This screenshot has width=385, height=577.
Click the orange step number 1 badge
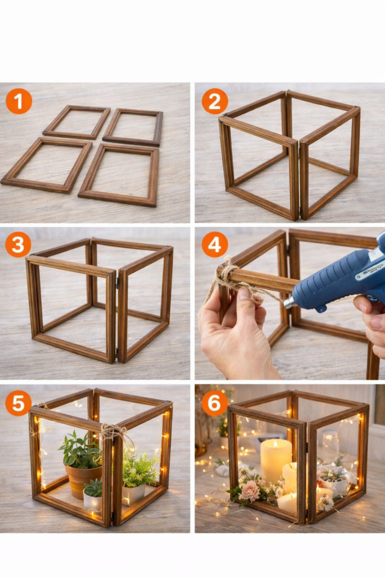click(19, 101)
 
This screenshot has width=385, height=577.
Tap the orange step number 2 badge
click(215, 101)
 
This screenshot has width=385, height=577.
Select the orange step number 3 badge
click(18, 245)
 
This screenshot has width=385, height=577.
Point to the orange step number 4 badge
click(215, 245)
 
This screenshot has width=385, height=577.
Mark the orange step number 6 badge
click(215, 403)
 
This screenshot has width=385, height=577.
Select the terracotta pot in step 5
click(83, 480)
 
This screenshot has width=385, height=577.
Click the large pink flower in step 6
click(250, 491)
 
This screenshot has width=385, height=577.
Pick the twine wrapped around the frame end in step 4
click(228, 274)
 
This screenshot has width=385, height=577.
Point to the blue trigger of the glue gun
click(321, 308)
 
